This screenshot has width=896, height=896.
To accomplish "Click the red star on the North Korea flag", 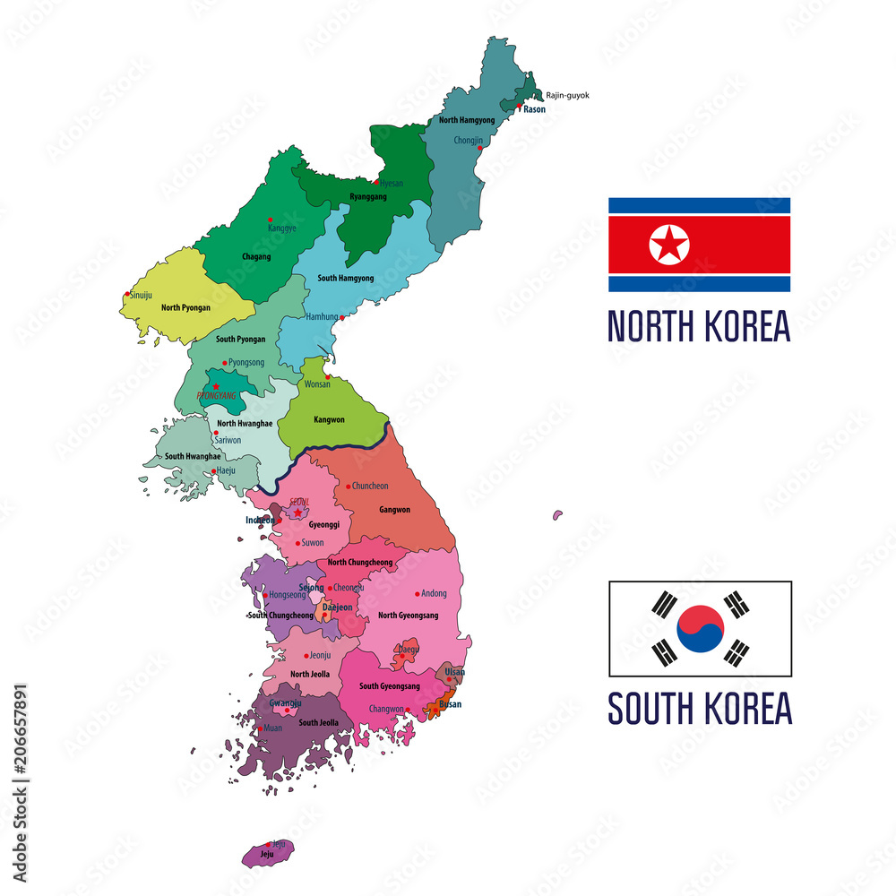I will pos(669,245).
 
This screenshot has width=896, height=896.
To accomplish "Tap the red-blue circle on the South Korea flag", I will pos(700,628).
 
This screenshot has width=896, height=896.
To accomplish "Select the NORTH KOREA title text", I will pos(699,325).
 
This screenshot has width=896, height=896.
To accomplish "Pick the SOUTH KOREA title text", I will pos(700,708).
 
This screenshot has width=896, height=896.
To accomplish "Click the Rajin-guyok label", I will pos(568,95).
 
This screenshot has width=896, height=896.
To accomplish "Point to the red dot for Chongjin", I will pos(480,149).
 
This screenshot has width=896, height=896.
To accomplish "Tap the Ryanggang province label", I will pos(368,196).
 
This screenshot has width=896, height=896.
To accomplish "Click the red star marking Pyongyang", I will pos(216,386).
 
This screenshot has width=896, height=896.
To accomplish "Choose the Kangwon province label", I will pos(329,419).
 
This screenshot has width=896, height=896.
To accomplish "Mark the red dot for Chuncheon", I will pos(349,487).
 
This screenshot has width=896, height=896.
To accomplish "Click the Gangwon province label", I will pos(394,510).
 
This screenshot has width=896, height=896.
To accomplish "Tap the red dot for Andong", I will pos(418,593).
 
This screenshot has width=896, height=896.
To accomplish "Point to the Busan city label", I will pos(451,704).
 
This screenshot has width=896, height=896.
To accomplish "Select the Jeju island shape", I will pos(267,853).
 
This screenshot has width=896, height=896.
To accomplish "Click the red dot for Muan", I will pos(260,728).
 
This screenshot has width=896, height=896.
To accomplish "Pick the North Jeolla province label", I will pos(310,674).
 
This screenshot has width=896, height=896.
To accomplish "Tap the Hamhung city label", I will pos(322,317).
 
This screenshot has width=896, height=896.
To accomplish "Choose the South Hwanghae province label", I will pos(193,456).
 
